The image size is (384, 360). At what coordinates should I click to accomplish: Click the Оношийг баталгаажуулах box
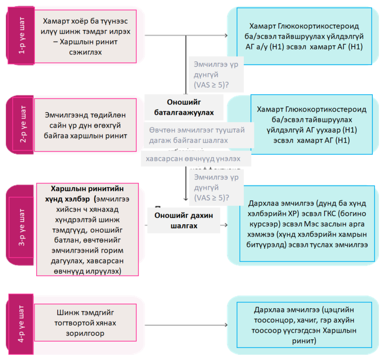point(184,107)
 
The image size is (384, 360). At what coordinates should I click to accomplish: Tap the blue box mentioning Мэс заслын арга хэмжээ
point(306,224)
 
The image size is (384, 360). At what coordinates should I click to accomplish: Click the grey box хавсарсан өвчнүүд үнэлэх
point(196,159)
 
